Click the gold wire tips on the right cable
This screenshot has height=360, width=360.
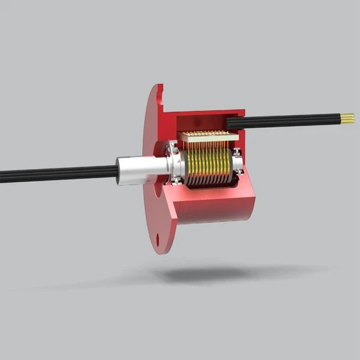click(x=347, y=118)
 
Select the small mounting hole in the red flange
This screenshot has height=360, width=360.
click(x=157, y=240)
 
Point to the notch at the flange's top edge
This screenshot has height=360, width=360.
click(x=161, y=96)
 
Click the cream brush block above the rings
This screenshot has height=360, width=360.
click(x=204, y=140)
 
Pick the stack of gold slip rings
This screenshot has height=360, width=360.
click(x=209, y=169)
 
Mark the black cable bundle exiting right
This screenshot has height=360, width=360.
click(x=289, y=120)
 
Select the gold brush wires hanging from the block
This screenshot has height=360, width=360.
click(x=206, y=154)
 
